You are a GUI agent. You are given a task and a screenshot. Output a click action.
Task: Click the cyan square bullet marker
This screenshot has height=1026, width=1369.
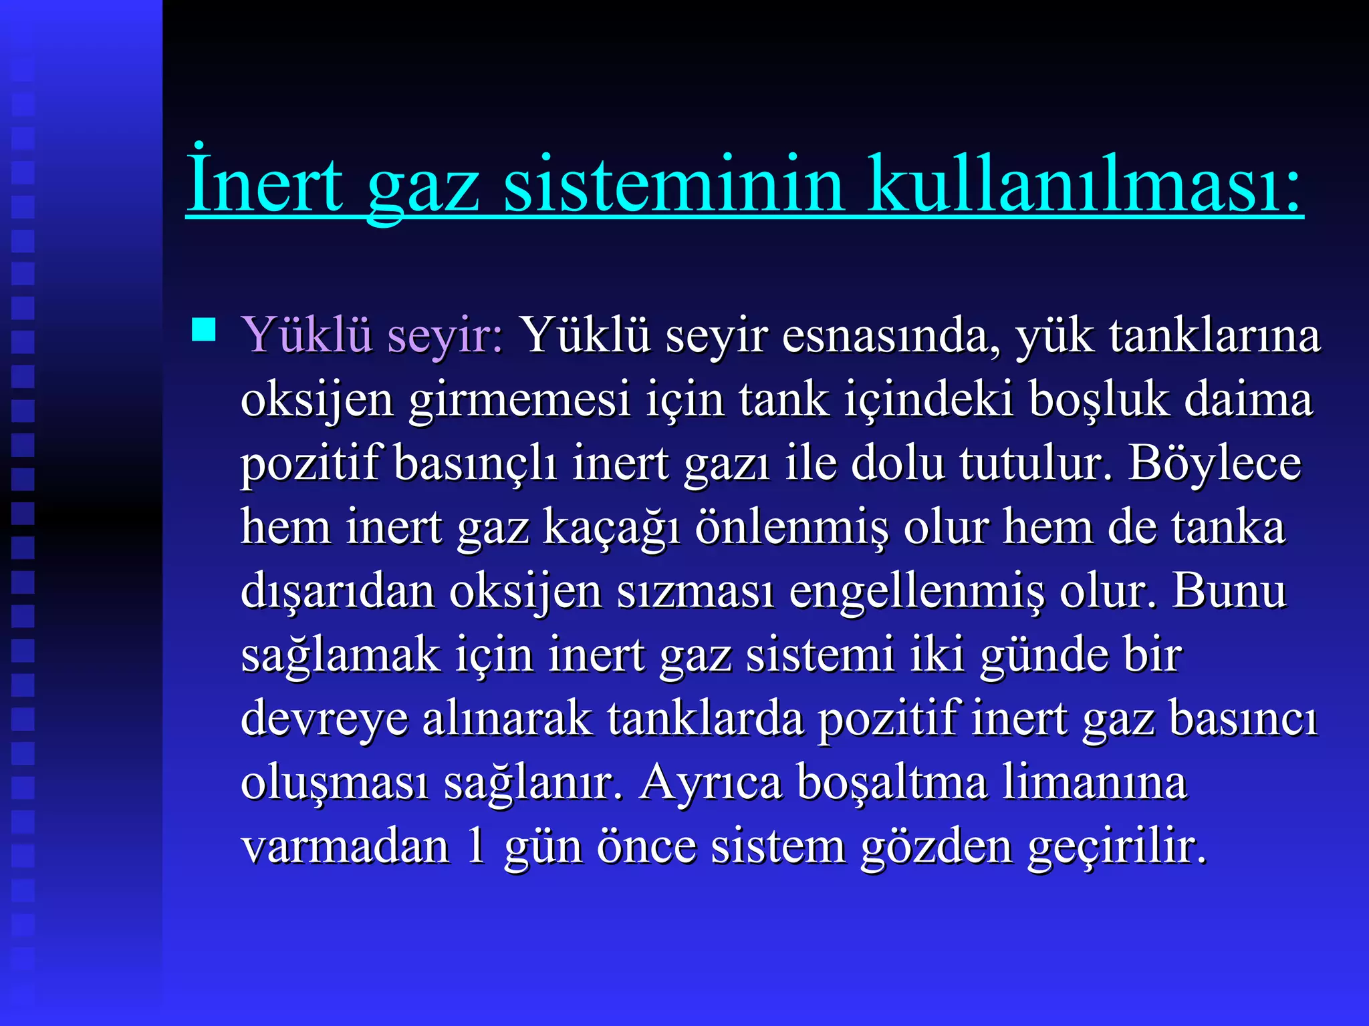tap(204, 330)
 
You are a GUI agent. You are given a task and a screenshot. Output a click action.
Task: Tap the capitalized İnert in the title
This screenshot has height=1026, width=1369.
tap(264, 184)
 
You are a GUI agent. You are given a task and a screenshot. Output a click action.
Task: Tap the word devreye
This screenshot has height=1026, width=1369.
tap(324, 719)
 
